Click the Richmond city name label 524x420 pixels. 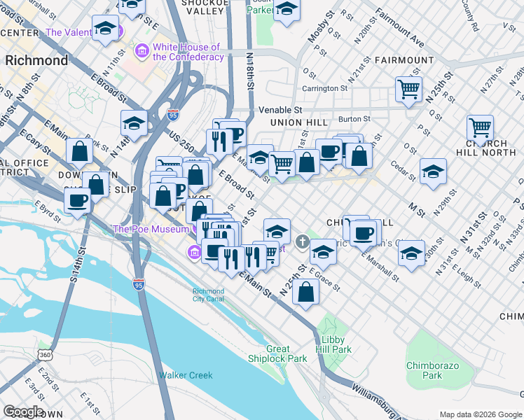36,60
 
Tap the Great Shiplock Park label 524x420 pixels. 277,353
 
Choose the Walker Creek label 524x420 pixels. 185,375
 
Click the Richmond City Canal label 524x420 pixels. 209,295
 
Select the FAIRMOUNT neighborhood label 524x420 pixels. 404,61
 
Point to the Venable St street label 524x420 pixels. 280,110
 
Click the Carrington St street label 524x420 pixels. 324,88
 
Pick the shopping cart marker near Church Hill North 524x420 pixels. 480,128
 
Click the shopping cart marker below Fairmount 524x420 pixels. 408,89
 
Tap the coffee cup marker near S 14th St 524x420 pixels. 77,199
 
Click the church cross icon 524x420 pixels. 303,242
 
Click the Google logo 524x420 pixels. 23,412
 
